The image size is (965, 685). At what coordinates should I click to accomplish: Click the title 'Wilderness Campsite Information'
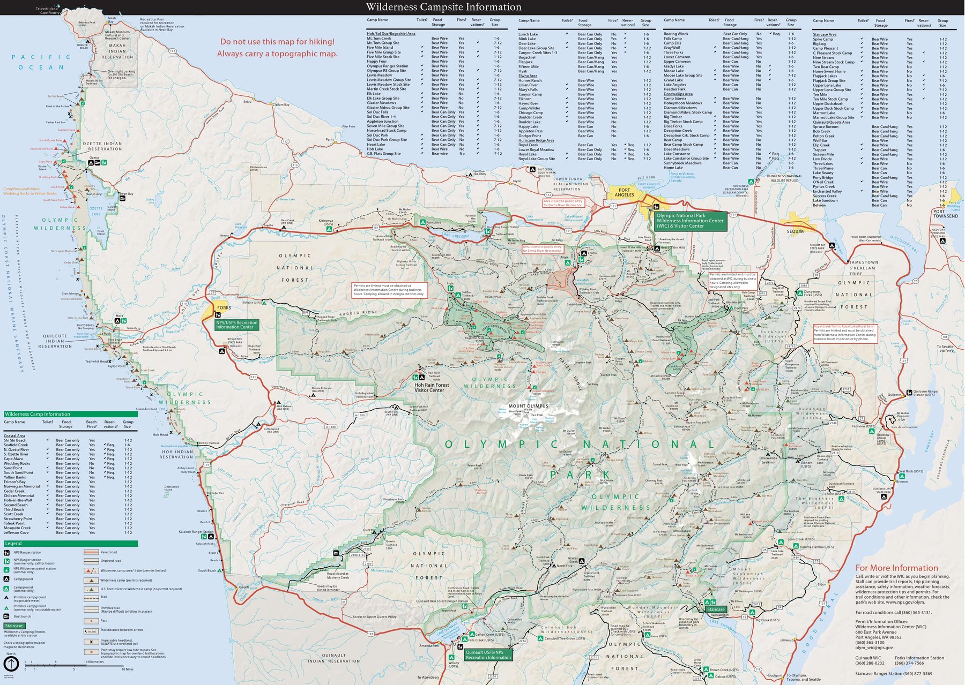click(443, 7)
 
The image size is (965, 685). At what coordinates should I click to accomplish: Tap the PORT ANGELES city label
click(624, 192)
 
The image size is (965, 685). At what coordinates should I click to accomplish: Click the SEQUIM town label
click(795, 231)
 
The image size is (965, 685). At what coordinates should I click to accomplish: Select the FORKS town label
click(224, 308)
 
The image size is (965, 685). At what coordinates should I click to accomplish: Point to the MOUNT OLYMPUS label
click(528, 406)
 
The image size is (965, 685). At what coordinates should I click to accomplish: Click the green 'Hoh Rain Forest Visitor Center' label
click(432, 387)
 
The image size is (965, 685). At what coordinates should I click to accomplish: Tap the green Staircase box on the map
click(715, 609)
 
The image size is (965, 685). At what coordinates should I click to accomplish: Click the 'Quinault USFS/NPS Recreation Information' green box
click(488, 654)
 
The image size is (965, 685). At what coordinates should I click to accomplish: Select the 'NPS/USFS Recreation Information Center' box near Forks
click(236, 325)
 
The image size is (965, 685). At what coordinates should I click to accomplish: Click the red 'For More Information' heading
click(896, 568)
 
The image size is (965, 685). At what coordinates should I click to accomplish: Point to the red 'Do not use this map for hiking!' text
click(277, 42)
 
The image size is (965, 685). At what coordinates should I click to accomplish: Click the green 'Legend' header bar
click(70, 543)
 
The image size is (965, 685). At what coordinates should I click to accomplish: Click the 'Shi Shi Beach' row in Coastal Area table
click(15, 440)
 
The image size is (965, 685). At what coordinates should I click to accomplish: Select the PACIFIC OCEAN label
click(42, 62)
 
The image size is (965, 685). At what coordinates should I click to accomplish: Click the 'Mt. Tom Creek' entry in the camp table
click(379, 39)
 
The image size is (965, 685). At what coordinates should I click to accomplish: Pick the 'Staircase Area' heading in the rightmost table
click(825, 35)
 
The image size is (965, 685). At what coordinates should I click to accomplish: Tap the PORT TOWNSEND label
click(945, 214)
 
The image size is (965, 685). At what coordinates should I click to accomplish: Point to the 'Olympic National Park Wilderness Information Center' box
click(690, 221)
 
